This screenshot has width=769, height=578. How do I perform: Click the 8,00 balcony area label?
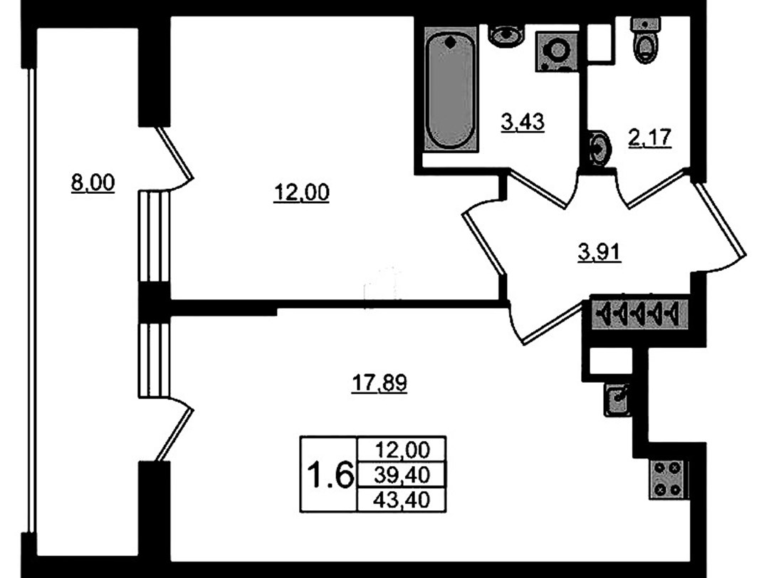pos(93,183)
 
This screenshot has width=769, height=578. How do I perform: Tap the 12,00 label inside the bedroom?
pos(301,192)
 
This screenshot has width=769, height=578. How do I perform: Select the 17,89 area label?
pos(380,383)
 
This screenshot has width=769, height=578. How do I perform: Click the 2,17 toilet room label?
pos(650,138)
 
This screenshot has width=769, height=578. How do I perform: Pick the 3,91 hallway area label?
pos(600,253)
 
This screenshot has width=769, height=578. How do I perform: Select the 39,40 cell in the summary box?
pos(402,475)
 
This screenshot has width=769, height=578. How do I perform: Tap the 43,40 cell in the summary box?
pos(402,500)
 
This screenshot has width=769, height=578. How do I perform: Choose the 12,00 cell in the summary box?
pos(402,449)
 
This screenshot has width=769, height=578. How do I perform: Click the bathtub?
pos(450,89)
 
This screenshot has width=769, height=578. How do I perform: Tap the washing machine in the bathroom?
pos(557,51)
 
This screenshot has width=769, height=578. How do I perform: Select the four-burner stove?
pos(668,480)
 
